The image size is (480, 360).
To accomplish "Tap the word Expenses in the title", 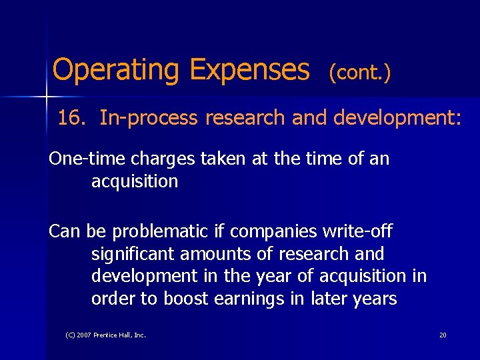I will click(x=249, y=69).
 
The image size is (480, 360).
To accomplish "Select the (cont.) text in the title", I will click(x=359, y=72).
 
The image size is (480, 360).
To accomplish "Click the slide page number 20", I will click(x=443, y=335).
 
